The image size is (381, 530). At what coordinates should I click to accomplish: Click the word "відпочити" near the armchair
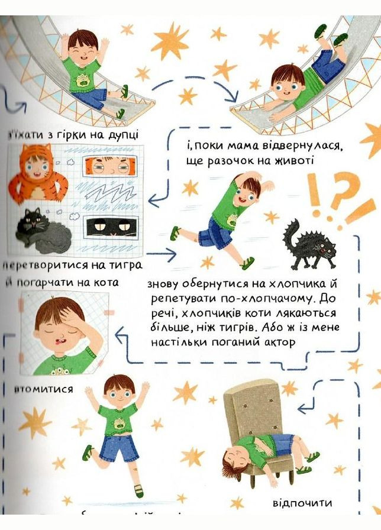(x=302, y=503)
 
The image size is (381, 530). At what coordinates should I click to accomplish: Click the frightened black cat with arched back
(x=306, y=244)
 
